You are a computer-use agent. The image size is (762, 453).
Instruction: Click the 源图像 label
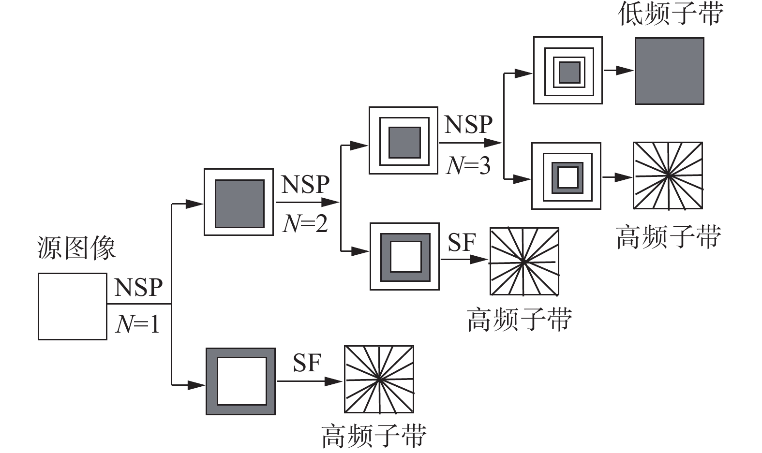76,248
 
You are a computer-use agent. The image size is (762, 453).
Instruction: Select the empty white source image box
73,307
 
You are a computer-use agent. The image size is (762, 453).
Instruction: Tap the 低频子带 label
671,14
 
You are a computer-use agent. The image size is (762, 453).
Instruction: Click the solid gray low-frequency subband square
669,71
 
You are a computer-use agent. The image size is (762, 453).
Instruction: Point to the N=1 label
138,323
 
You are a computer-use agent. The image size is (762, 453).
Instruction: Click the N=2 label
305,223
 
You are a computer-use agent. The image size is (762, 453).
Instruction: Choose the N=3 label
468,166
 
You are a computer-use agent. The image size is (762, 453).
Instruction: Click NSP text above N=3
468,125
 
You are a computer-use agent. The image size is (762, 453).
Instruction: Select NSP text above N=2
305,184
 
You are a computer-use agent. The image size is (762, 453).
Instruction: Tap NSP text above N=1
138,287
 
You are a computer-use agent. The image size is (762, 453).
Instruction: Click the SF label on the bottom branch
307,363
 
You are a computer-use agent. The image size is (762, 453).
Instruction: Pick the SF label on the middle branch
462,243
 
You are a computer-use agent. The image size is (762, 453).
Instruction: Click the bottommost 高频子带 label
374,436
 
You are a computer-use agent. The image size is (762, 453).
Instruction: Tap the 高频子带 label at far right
669,237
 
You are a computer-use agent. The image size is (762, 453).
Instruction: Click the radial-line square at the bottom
379,380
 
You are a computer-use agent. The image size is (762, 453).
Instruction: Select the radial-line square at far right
668,175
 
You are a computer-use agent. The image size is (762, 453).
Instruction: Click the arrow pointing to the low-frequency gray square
618,71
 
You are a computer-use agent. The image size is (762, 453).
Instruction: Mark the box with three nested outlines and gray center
568,71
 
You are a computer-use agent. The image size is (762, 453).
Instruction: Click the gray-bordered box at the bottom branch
241,381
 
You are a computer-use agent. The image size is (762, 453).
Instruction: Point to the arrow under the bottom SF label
310,381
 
